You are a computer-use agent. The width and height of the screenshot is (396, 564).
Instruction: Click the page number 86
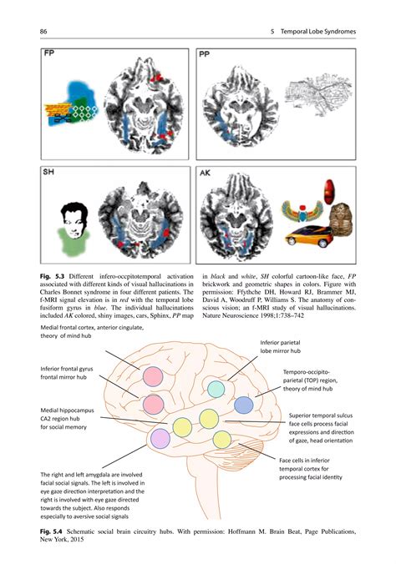coord(43,32)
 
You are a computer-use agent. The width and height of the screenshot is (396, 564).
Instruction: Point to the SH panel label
coord(50,174)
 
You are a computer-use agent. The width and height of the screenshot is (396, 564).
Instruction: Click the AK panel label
coord(206,175)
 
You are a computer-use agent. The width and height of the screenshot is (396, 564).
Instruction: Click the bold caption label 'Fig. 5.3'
coord(53,274)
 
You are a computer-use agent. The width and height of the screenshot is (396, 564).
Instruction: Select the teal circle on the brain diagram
coord(216,389)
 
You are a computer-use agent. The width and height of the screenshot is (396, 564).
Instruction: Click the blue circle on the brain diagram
coord(243,405)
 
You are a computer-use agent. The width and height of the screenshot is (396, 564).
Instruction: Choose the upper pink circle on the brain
coord(152,376)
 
